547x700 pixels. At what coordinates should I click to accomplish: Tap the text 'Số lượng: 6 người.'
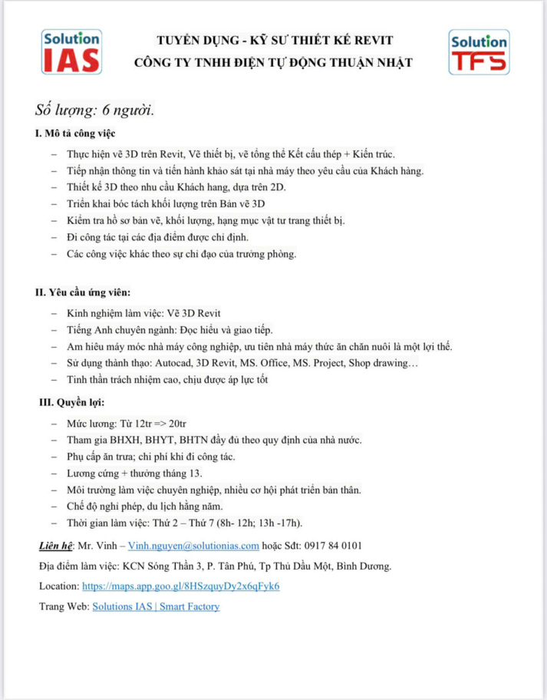pos(95,110)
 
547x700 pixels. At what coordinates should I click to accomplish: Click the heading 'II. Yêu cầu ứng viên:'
pos(83,292)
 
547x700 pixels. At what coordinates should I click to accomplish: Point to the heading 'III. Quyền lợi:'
pos(72,402)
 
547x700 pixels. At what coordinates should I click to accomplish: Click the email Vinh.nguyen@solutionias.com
pos(193,546)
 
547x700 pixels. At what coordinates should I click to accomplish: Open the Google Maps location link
pos(180,586)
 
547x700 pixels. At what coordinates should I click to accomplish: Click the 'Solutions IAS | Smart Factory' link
pos(156,606)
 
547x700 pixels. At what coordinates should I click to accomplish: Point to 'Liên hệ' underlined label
pos(56,546)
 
